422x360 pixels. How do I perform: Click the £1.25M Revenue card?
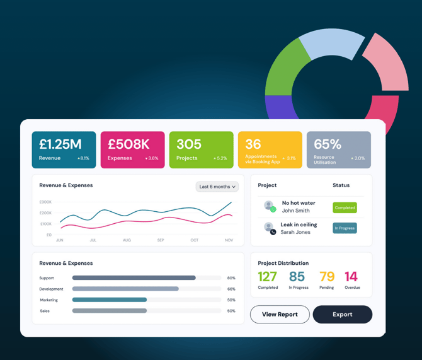[64, 150]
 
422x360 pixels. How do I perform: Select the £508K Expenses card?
[132, 150]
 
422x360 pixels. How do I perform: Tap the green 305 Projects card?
[201, 150]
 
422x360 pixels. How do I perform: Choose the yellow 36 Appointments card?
[270, 150]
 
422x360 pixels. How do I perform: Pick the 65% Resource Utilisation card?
[338, 150]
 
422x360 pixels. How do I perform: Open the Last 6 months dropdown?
[217, 187]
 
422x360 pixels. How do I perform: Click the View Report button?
[280, 315]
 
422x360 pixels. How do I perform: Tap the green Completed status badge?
[345, 207]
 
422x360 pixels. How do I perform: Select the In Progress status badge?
[345, 228]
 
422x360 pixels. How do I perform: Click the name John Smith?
[295, 211]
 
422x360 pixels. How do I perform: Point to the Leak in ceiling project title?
[299, 224]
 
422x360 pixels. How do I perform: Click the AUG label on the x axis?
[127, 240]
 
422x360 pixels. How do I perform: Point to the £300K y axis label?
[45, 202]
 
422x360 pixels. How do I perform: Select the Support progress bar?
[134, 278]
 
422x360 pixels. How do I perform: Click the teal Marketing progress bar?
[110, 300]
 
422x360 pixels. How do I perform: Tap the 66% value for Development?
[231, 289]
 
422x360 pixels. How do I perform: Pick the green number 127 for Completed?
[268, 277]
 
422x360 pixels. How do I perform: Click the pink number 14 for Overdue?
[351, 277]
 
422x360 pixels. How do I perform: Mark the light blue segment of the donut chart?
[331, 44]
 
